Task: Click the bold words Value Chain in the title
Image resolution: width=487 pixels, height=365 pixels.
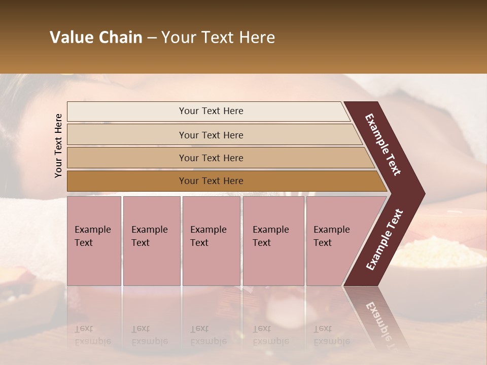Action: [96, 38]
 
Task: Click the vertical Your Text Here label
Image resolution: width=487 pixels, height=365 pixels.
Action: [58, 145]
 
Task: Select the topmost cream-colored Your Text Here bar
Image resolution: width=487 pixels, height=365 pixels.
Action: [211, 111]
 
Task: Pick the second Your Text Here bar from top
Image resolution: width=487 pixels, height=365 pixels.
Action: [211, 135]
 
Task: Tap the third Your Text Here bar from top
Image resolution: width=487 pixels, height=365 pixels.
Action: [211, 158]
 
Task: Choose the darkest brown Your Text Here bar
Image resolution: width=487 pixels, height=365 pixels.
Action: [211, 181]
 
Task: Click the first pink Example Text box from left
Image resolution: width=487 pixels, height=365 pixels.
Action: [94, 241]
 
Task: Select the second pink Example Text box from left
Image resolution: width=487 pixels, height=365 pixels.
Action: [151, 241]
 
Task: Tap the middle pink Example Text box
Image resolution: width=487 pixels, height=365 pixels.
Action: [211, 241]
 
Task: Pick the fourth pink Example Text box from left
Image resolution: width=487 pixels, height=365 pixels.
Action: [273, 241]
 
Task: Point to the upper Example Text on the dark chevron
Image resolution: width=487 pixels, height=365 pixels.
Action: [383, 144]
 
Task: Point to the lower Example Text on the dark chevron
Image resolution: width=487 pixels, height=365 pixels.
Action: [385, 240]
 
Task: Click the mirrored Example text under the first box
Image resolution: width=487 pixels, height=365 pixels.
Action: [92, 341]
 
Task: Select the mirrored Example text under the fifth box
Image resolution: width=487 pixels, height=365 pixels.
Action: [331, 341]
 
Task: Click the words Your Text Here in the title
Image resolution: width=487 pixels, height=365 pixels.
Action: [218, 38]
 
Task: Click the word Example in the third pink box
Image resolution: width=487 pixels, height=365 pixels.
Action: [208, 230]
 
